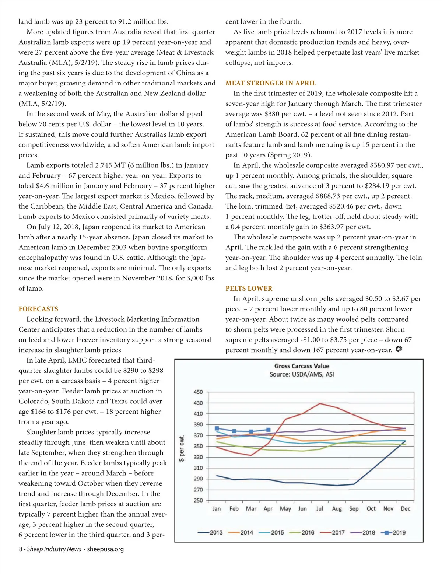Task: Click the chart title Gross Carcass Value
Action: pyautogui.click(x=302, y=366)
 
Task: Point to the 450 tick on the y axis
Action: pyautogui.click(x=198, y=392)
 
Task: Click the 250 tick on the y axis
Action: pyautogui.click(x=198, y=500)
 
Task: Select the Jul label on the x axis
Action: pyautogui.click(x=320, y=508)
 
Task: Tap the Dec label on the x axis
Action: pyautogui.click(x=406, y=508)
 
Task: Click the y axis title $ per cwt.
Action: pyautogui.click(x=181, y=449)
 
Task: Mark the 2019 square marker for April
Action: pyautogui.click(x=268, y=430)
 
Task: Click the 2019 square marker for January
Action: pyautogui.click(x=217, y=428)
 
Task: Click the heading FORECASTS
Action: pyautogui.click(x=38, y=309)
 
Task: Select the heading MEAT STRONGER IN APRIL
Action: pyautogui.click(x=271, y=83)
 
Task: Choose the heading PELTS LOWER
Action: pyautogui.click(x=249, y=288)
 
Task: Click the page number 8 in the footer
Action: pyautogui.click(x=21, y=549)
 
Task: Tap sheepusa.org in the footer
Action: pyautogui.click(x=105, y=549)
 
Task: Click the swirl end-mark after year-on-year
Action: pyautogui.click(x=399, y=349)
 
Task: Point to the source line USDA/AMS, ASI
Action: pyautogui.click(x=302, y=374)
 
